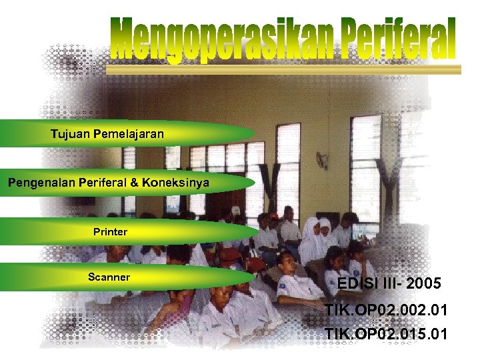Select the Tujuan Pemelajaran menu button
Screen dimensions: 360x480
(107, 134)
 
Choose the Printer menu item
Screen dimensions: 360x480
(110, 232)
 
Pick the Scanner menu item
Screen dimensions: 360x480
(109, 277)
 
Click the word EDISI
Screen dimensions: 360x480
(356, 284)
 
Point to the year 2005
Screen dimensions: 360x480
(423, 284)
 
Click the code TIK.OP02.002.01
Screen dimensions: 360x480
(386, 311)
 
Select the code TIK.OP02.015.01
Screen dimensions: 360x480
(386, 333)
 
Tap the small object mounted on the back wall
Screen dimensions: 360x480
(323, 161)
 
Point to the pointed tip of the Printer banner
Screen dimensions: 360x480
(256, 231)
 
